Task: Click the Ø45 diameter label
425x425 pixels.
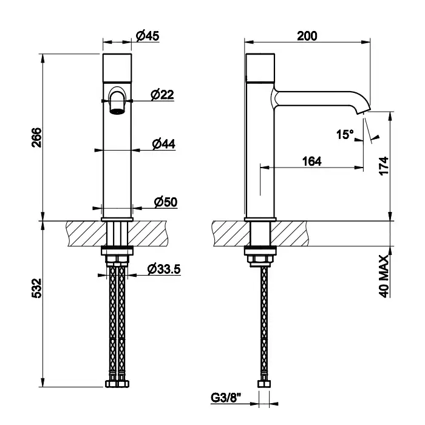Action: click(148, 36)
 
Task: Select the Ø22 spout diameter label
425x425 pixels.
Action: click(162, 95)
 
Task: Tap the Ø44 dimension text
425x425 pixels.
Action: click(163, 144)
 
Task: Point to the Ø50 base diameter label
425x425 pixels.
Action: click(166, 202)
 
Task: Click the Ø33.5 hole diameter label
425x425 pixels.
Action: click(164, 269)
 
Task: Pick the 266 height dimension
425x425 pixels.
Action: click(37, 137)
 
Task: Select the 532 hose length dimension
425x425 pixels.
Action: click(37, 288)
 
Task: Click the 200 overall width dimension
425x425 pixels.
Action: click(307, 36)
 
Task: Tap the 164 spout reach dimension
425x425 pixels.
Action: click(311, 161)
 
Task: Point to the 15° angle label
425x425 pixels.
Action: click(345, 134)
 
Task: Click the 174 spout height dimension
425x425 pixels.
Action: click(384, 166)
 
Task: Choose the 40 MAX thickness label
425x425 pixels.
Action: click(384, 276)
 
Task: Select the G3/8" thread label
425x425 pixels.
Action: click(226, 398)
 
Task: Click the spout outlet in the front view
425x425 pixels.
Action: click(117, 111)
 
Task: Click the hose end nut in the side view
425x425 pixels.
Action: click(264, 384)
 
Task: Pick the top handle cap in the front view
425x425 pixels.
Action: click(117, 68)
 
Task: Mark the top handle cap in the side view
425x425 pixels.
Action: click(260, 67)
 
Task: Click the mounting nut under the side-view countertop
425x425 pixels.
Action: click(260, 259)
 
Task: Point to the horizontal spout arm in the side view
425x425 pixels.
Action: click(314, 98)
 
